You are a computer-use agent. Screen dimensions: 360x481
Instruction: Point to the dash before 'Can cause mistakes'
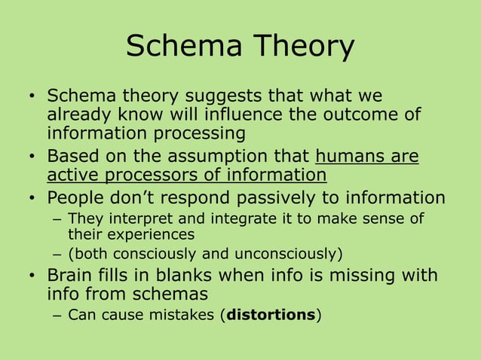[58, 315]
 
